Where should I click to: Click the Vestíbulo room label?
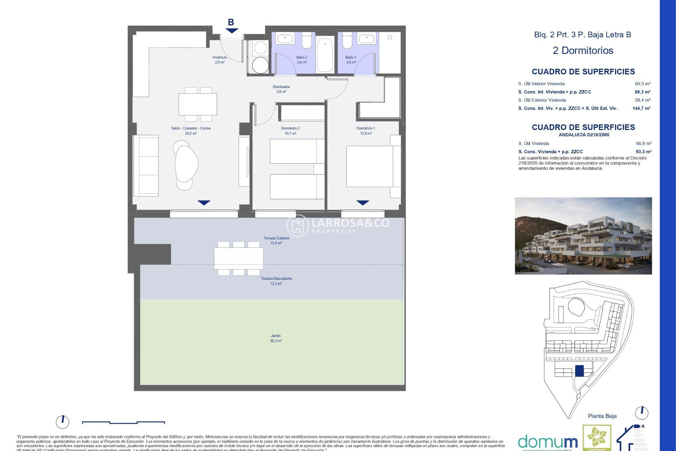[220, 57]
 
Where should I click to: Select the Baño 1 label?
[351, 57]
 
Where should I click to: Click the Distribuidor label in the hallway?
[281, 87]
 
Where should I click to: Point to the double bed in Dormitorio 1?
[370, 166]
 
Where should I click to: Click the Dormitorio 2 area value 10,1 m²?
[290, 134]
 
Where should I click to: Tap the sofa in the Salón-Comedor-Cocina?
[146, 166]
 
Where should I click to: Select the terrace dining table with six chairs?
[239, 258]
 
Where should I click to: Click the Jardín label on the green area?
[276, 336]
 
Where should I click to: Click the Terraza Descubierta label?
[276, 279]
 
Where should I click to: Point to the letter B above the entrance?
[231, 22]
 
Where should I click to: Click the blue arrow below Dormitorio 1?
[363, 203]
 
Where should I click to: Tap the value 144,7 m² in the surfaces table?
[641, 109]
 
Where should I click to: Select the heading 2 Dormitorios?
[583, 50]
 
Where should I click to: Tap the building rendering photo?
[583, 236]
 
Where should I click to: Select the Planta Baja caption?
[602, 416]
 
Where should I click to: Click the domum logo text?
[547, 441]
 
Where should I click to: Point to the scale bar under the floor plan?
[123, 422]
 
